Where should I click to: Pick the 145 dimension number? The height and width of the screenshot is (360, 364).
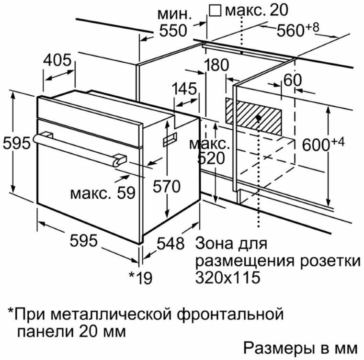185,89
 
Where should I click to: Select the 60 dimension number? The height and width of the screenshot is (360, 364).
293,79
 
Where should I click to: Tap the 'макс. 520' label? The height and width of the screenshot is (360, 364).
209,151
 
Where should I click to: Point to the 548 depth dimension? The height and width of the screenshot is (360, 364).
171,243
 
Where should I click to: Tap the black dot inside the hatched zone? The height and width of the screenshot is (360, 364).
259,117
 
